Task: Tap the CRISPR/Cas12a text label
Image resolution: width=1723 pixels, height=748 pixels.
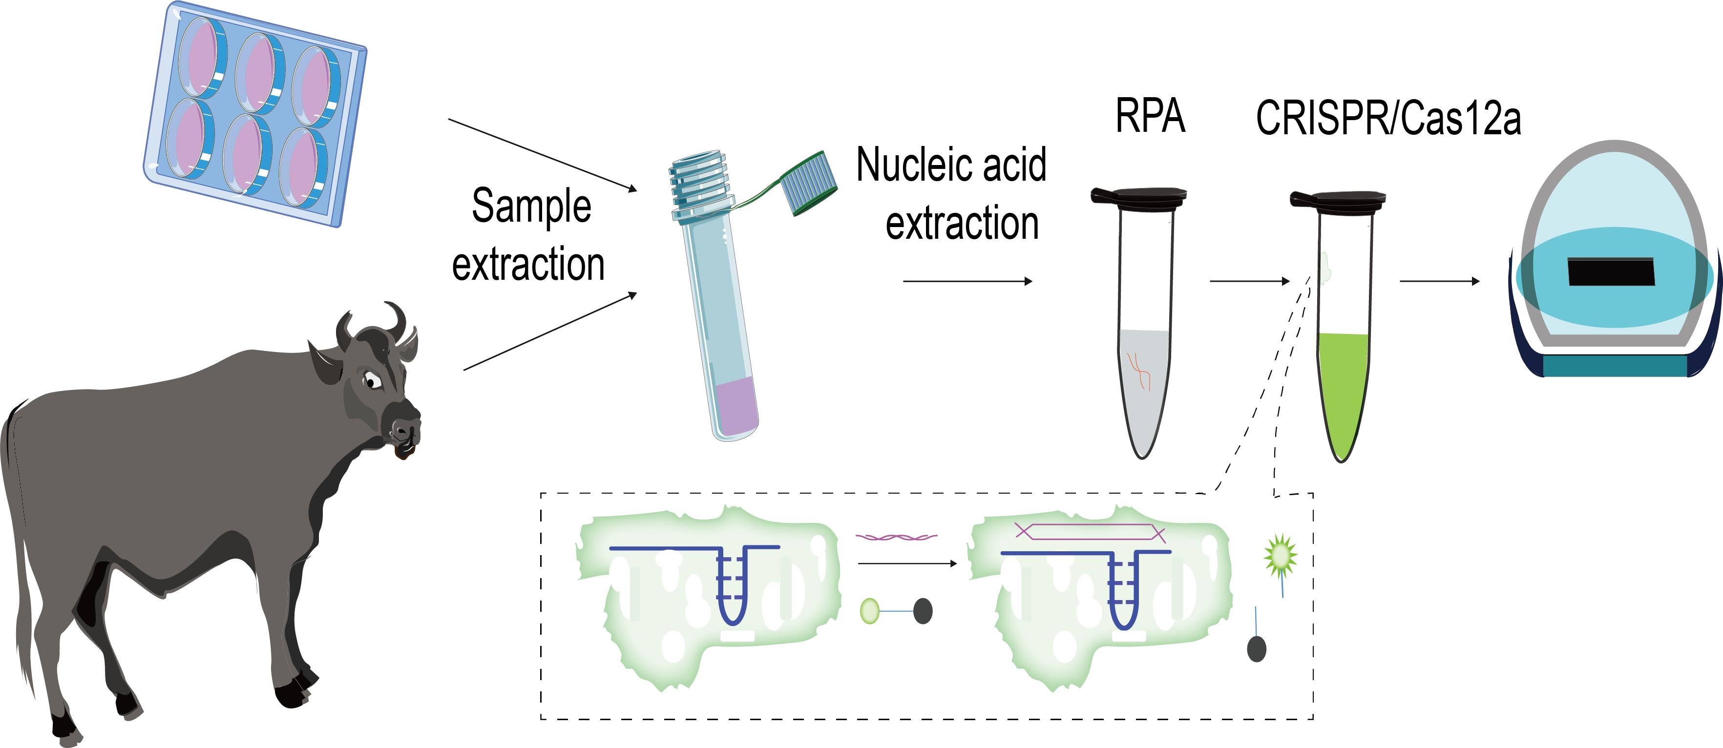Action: [1388, 120]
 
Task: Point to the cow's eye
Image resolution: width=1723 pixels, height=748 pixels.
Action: [372, 381]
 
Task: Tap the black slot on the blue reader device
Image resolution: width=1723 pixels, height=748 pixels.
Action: [1611, 271]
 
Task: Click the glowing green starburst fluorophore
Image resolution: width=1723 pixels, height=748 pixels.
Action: [1280, 555]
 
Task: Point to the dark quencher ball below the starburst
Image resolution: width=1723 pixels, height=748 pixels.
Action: [1257, 648]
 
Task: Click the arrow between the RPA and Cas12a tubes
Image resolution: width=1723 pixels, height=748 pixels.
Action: [1249, 281]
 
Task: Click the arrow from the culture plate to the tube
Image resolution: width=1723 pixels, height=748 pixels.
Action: [542, 155]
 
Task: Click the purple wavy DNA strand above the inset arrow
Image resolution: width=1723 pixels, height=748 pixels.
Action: [896, 536]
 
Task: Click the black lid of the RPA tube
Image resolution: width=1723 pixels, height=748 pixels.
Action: [1139, 196]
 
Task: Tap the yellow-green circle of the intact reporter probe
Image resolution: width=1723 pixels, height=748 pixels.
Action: [869, 610]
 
